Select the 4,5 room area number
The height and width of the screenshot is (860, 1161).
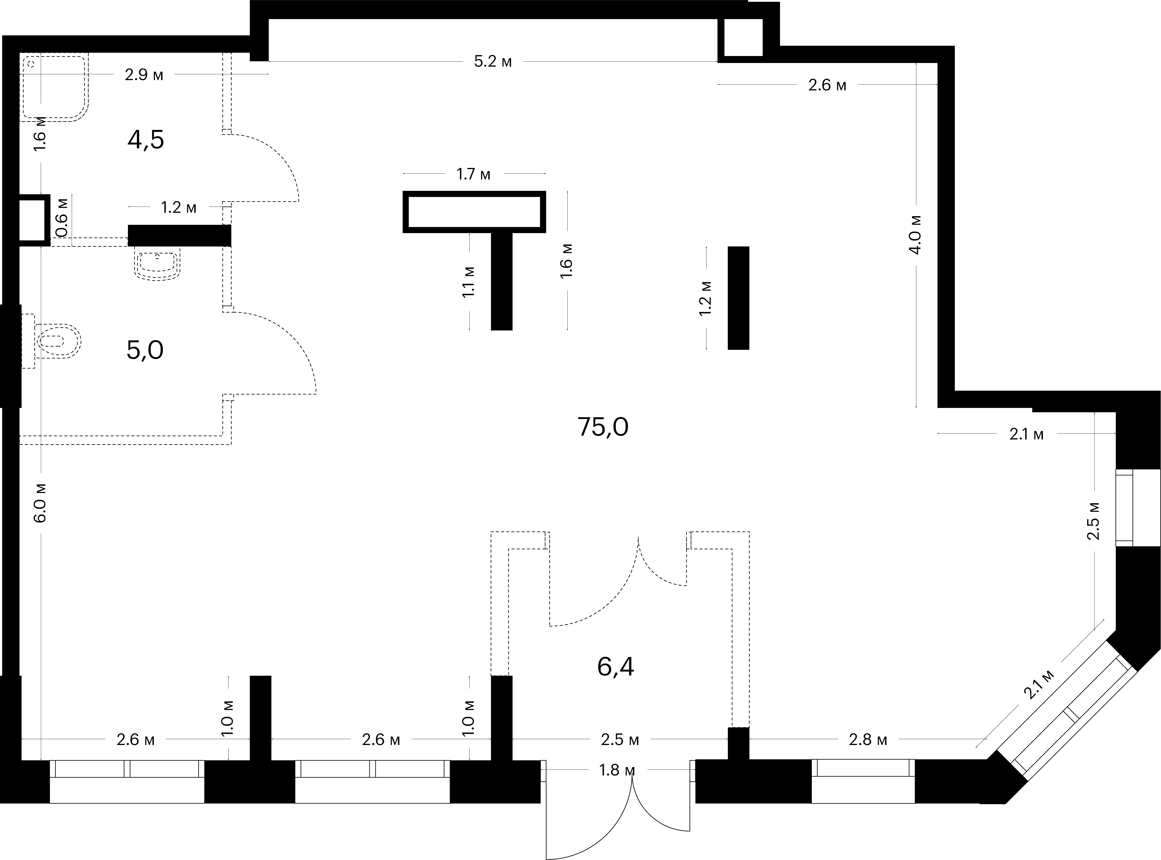click(146, 139)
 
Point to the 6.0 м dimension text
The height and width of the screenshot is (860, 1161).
click(41, 502)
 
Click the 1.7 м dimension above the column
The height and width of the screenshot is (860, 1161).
click(473, 174)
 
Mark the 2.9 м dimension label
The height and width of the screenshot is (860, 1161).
click(144, 75)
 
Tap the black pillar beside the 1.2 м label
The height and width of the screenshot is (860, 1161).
click(738, 298)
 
